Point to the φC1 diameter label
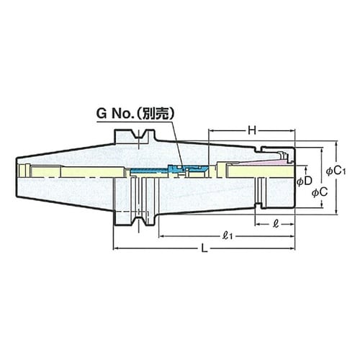pos(336,171)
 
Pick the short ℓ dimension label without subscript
pos(276,224)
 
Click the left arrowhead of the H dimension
pos(211,132)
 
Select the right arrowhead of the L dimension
pos(292,248)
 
